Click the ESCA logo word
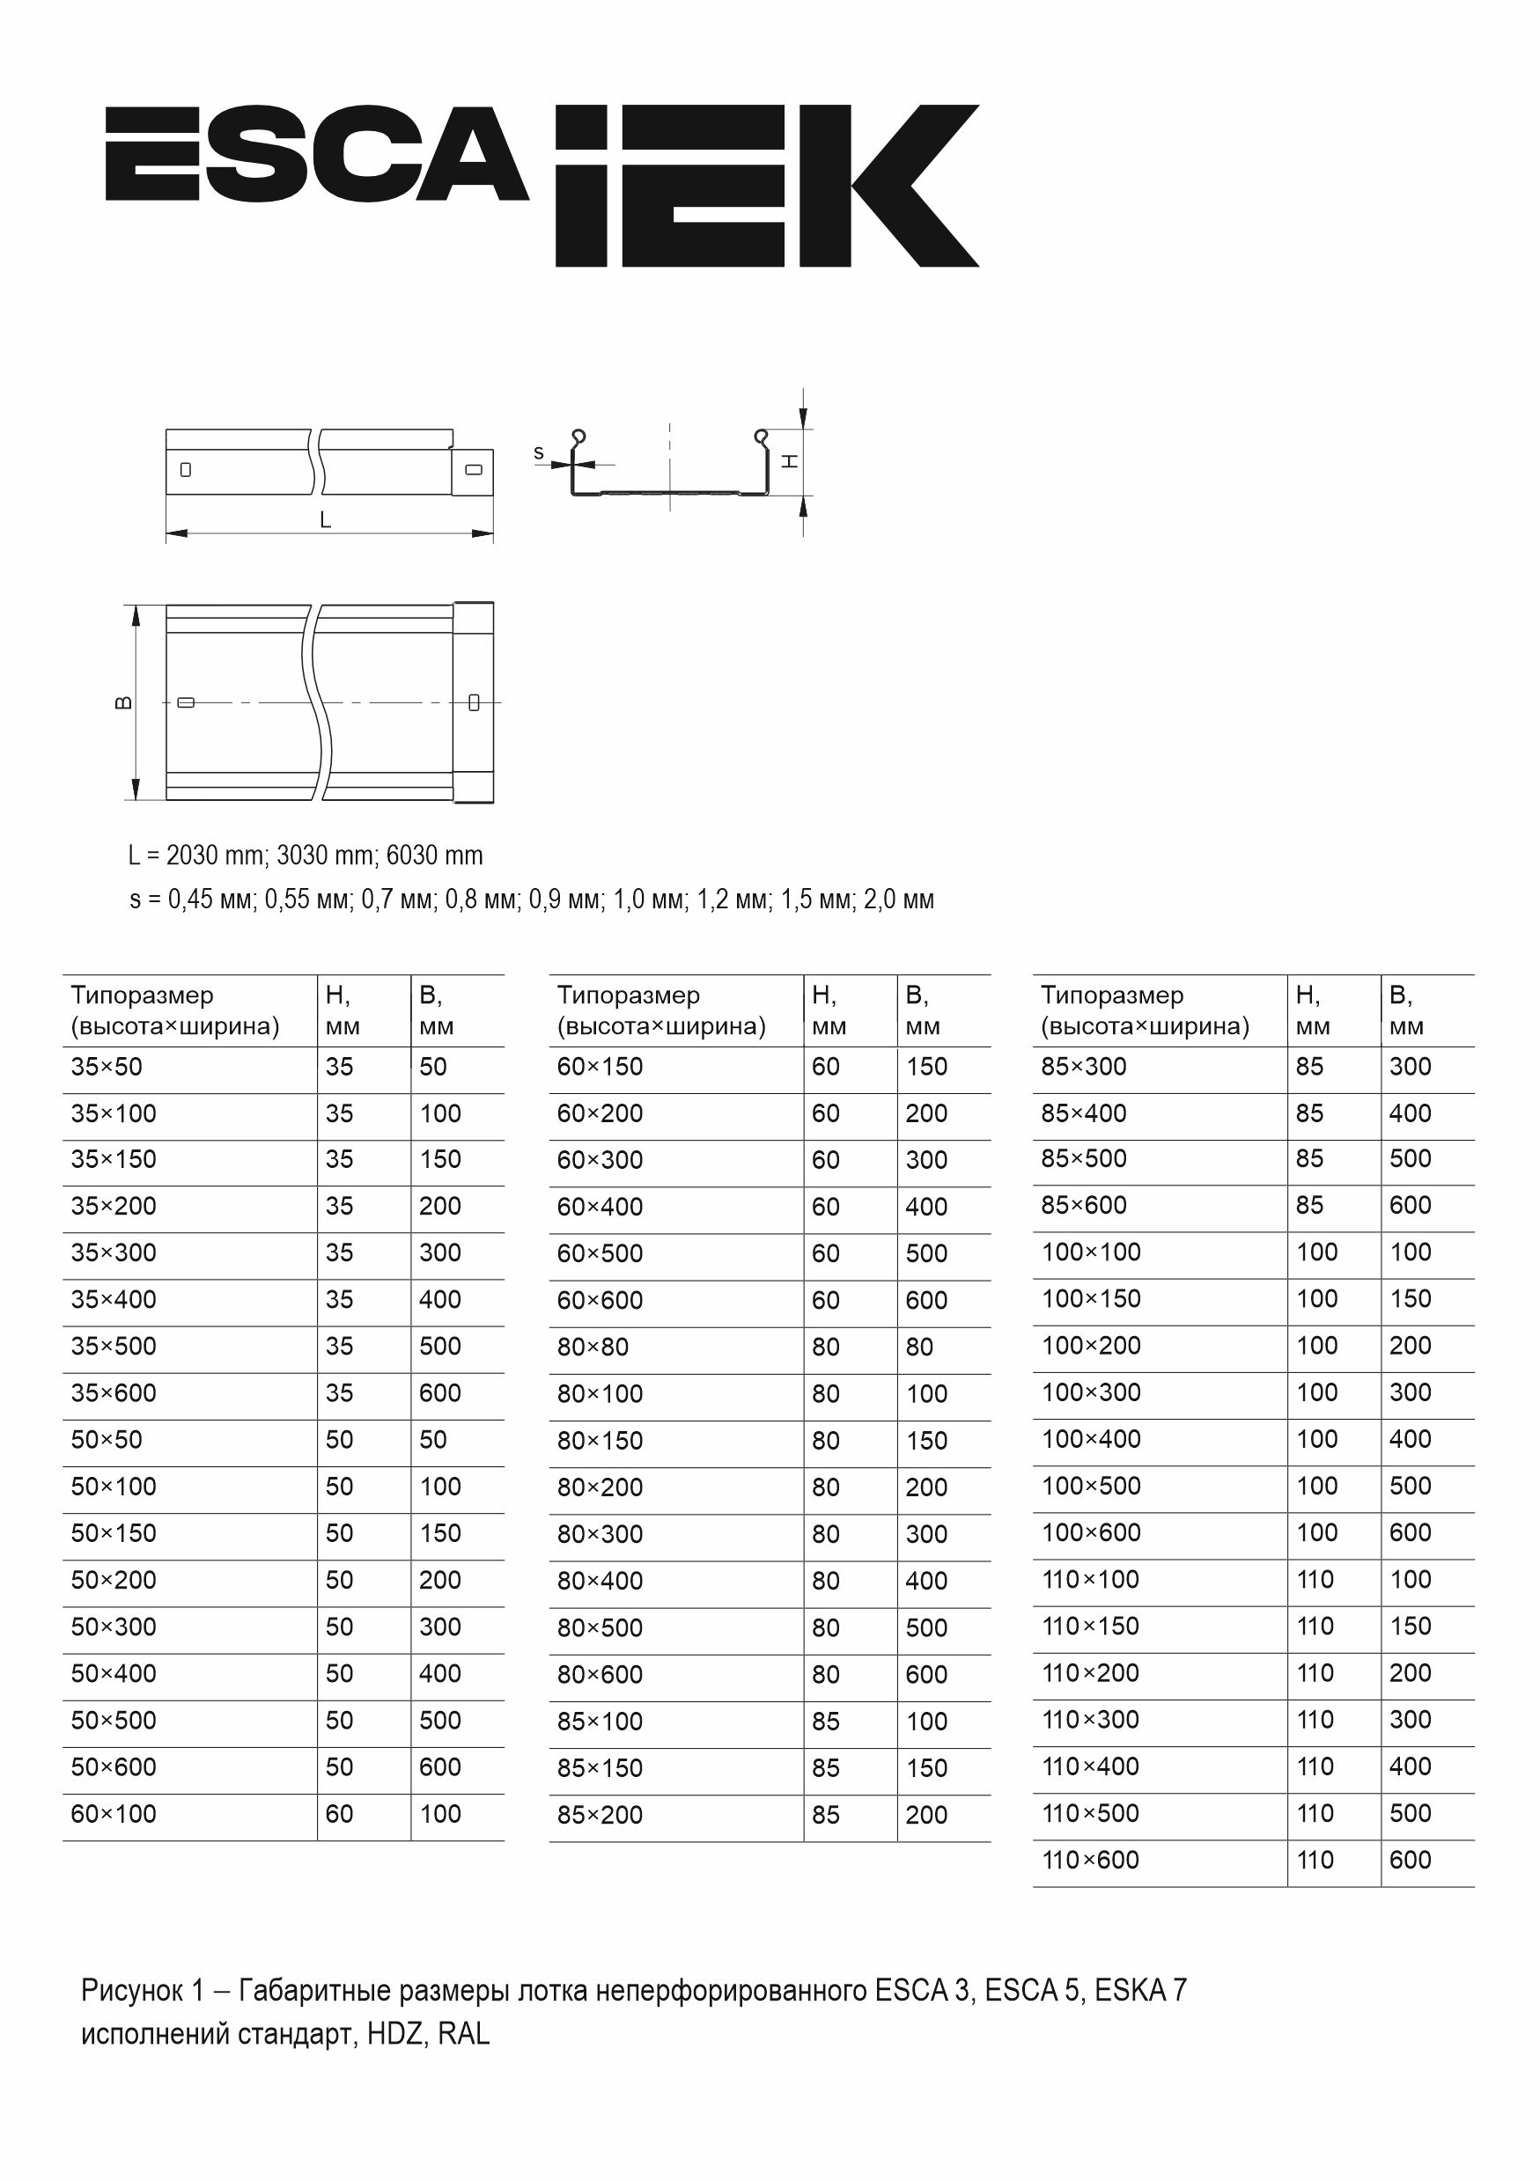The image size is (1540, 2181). [315, 154]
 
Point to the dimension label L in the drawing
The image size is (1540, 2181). [325, 520]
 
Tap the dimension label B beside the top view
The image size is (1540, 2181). [123, 703]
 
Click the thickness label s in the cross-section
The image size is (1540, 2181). [539, 453]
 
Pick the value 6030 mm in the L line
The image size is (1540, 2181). [434, 856]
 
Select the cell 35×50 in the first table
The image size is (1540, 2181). [107, 1067]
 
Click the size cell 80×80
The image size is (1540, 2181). [593, 1347]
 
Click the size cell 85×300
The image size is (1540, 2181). [1083, 1067]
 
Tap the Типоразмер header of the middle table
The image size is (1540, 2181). [628, 995]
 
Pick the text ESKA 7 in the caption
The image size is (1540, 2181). [1140, 1990]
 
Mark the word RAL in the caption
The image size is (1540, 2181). [464, 2034]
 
